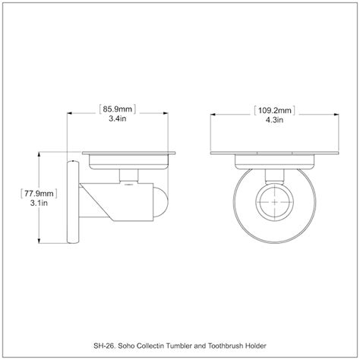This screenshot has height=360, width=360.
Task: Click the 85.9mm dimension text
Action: click(x=117, y=109)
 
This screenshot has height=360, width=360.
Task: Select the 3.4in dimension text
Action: click(x=118, y=118)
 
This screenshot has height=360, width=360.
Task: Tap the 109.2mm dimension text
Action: click(x=275, y=110)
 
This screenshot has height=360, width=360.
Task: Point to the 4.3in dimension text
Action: click(x=274, y=120)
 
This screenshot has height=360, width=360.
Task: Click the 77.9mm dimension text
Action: click(x=39, y=194)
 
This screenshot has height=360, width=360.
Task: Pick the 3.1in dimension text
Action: click(x=39, y=203)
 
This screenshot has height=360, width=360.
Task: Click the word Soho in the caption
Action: click(x=127, y=346)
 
